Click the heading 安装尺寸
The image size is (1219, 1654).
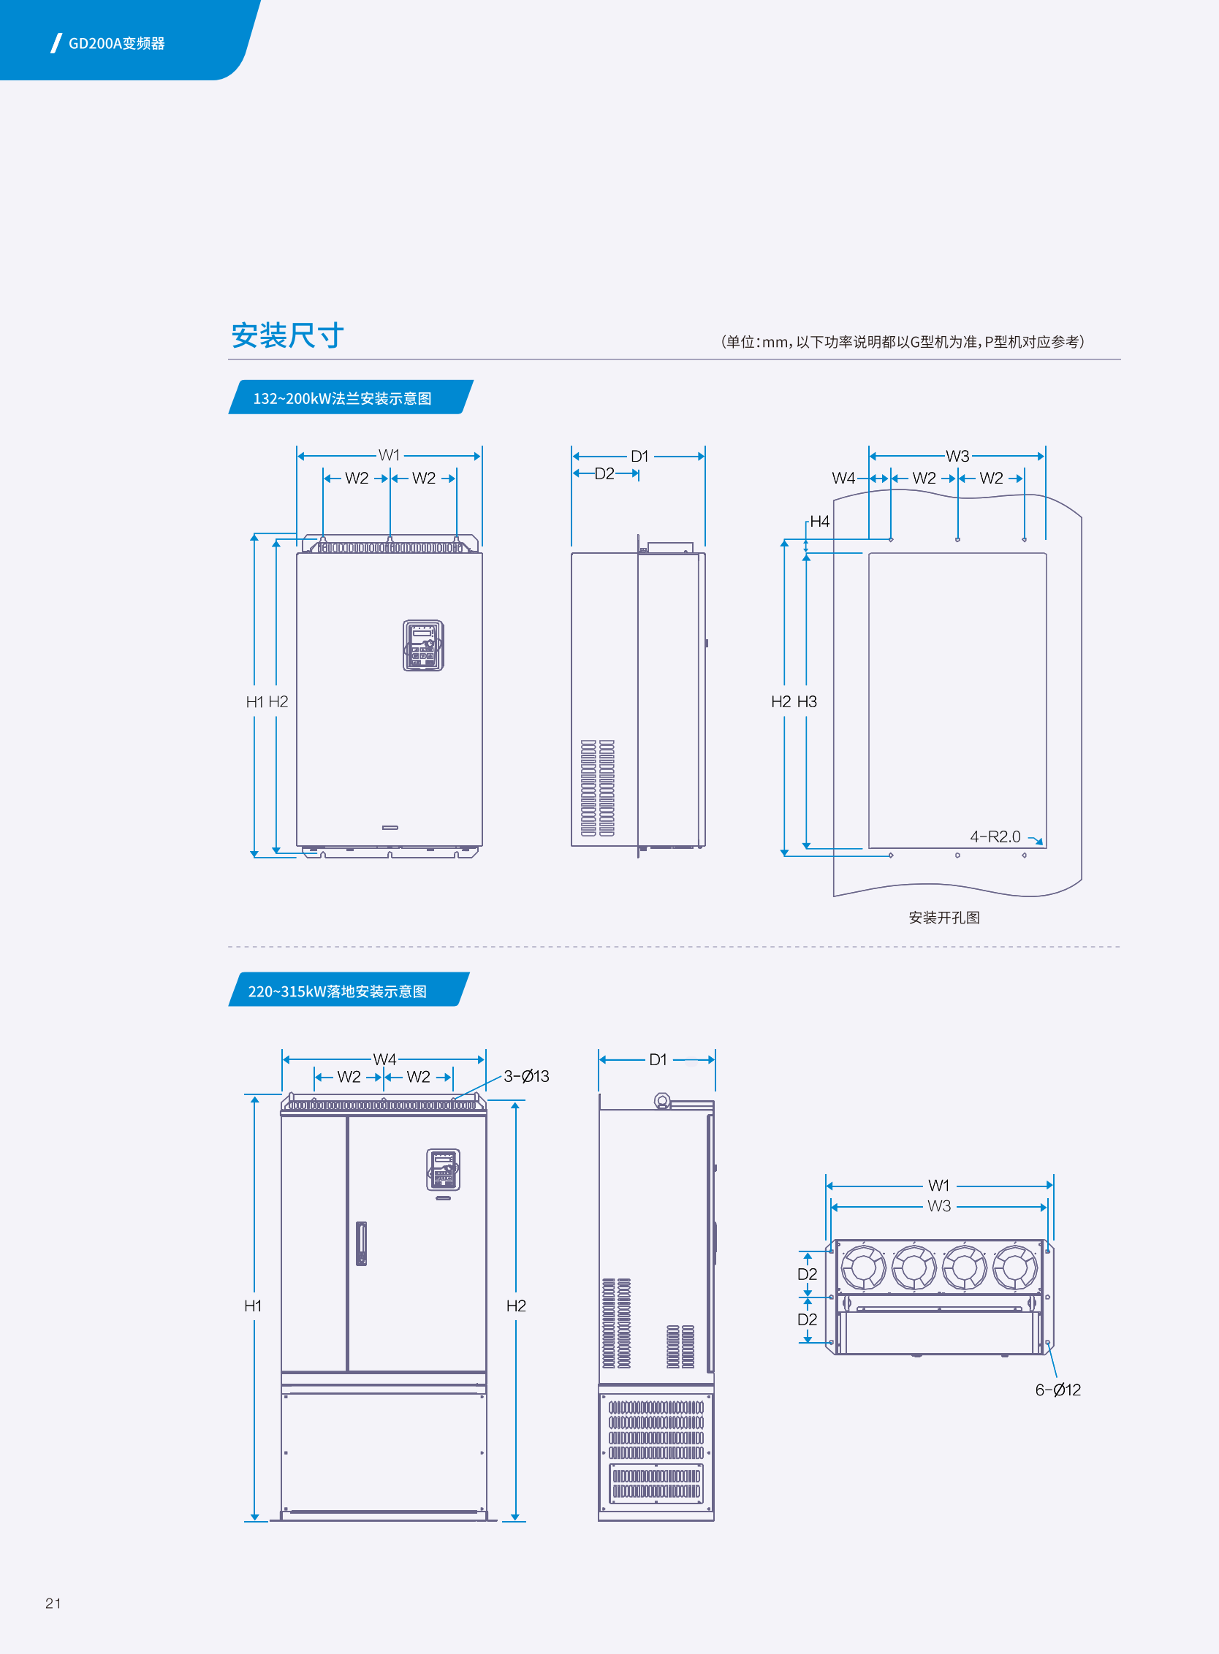[288, 335]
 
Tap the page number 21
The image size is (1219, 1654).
[53, 1602]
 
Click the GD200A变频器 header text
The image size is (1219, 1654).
[117, 44]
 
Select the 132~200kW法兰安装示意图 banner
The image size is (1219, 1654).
[343, 398]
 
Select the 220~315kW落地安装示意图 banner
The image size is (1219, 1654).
[338, 991]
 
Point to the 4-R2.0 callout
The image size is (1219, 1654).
[995, 836]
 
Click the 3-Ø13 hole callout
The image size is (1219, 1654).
[526, 1076]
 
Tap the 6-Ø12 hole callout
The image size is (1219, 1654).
[1057, 1390]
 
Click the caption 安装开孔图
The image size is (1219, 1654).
[943, 917]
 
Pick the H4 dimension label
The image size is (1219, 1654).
[819, 522]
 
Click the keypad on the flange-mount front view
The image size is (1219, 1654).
[423, 646]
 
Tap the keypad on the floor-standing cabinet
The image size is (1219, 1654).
[443, 1170]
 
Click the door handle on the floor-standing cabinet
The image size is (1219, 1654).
[361, 1243]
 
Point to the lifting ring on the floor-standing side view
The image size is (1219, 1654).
[662, 1101]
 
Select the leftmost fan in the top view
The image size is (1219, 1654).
[863, 1268]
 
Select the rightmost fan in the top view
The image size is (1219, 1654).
[1014, 1268]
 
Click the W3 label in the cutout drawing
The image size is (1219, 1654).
[957, 456]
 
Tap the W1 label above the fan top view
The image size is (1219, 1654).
[938, 1185]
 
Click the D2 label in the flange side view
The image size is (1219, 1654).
[604, 473]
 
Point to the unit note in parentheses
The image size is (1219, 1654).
[902, 342]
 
